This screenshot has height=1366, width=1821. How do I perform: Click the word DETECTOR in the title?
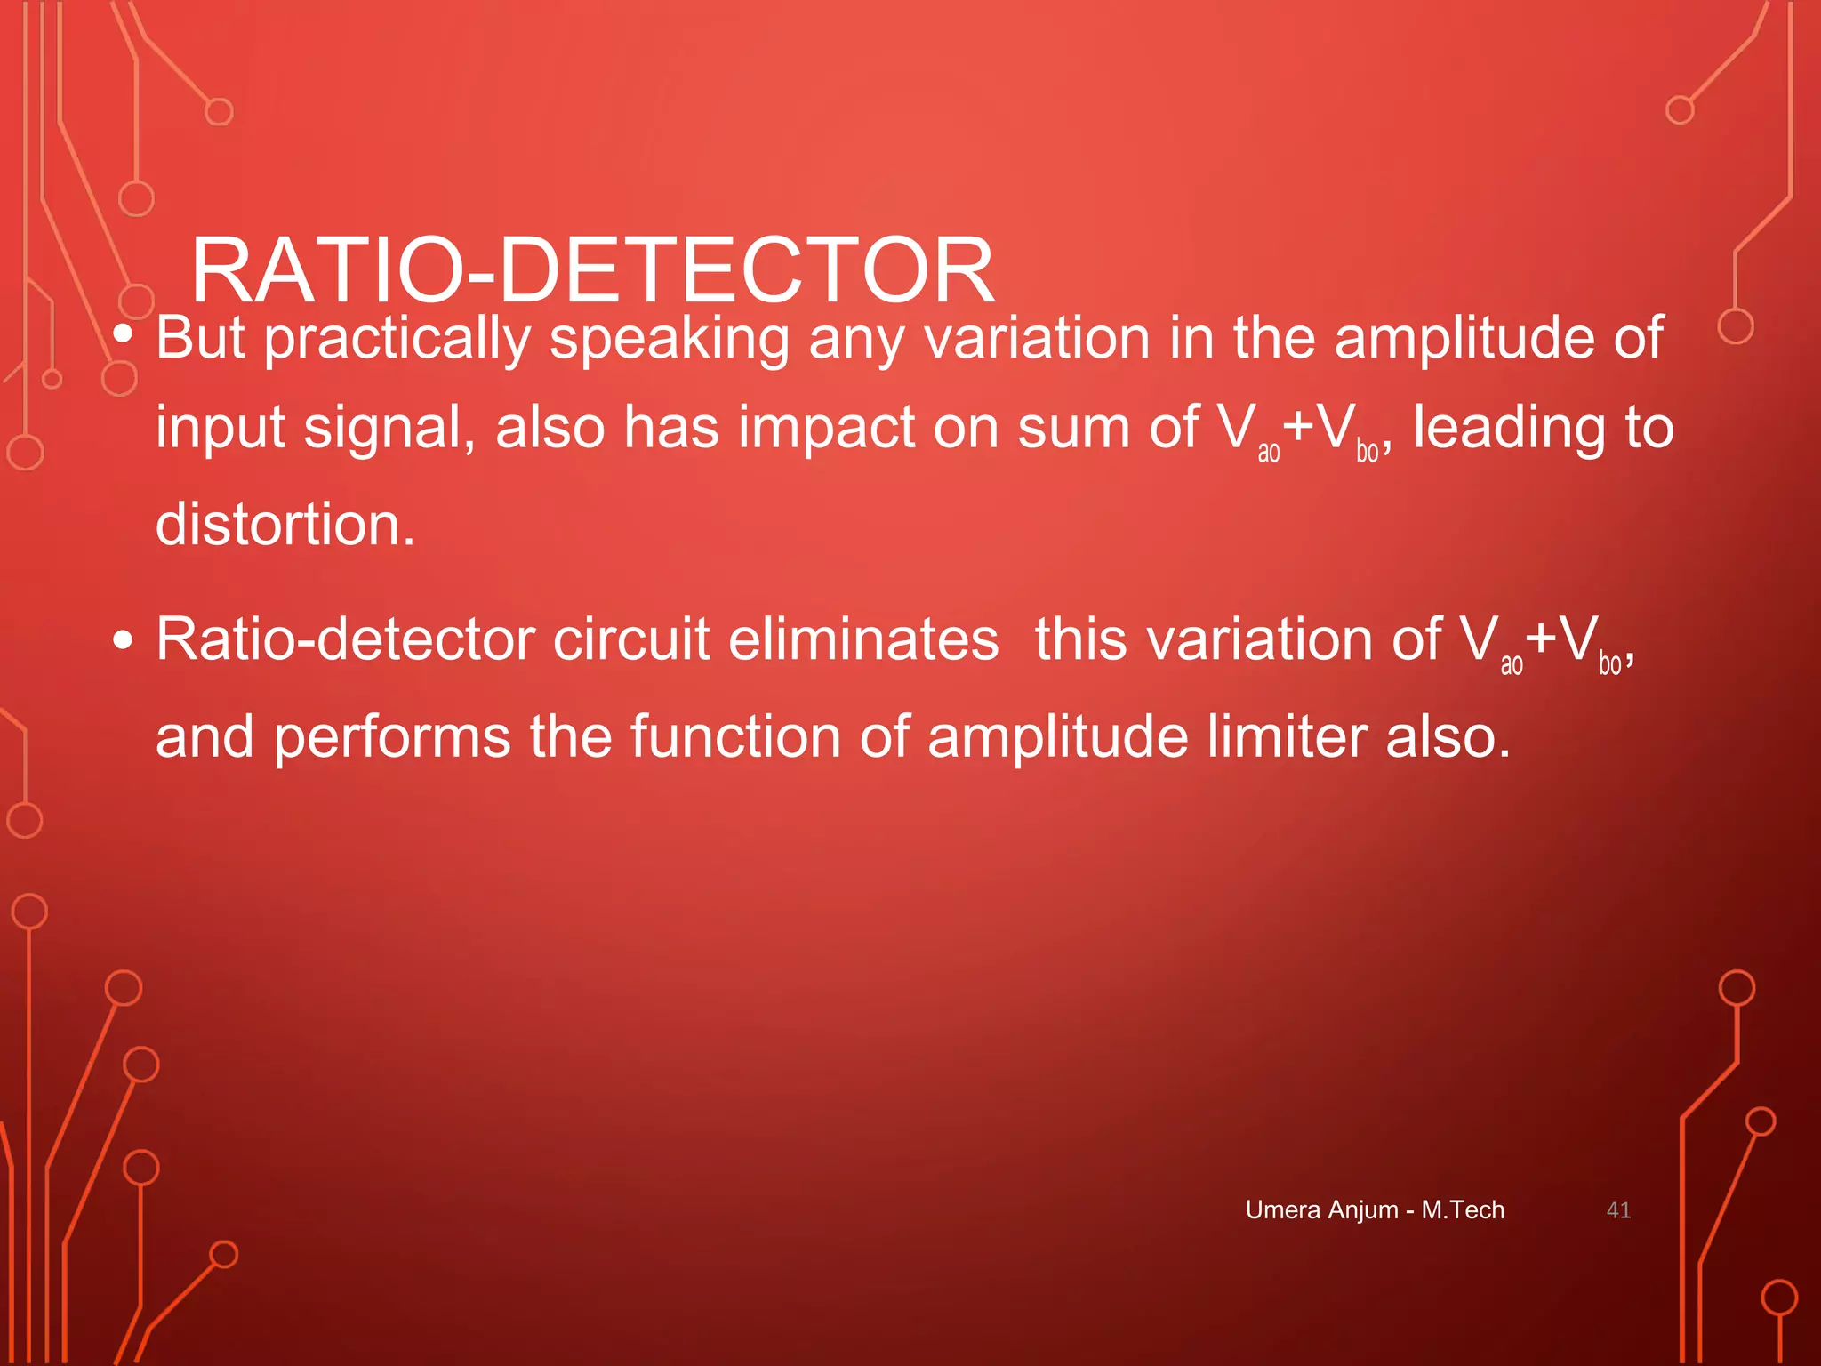click(747, 270)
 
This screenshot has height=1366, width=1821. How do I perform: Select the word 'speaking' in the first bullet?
click(669, 340)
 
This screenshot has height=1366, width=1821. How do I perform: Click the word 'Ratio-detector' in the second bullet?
click(346, 639)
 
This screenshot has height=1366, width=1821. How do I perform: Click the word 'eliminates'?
click(863, 639)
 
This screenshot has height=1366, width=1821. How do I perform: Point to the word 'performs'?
click(391, 738)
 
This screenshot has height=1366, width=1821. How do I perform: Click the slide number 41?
click(1618, 1210)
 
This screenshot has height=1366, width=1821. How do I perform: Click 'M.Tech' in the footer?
click(1463, 1210)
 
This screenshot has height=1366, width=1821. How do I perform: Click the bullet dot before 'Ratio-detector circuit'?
click(124, 640)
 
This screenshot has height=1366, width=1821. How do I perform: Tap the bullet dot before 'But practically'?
click(124, 334)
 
